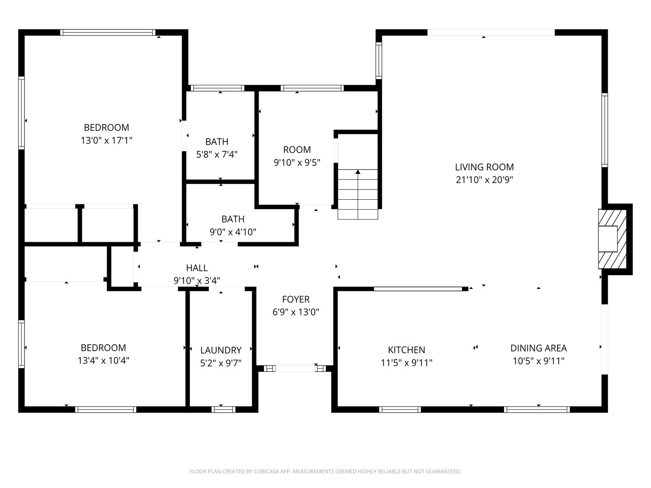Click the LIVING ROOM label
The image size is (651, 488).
pos(484,167)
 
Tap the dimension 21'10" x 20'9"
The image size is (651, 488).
pos(484,180)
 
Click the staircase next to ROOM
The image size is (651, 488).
pos(358,194)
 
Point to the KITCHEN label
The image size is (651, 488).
pos(406,350)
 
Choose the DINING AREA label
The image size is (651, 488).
pos(538,348)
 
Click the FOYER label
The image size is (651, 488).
pos(296,299)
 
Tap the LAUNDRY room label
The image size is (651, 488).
pos(221,350)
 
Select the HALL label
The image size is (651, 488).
pos(197,268)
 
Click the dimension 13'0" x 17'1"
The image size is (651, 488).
pos(106,141)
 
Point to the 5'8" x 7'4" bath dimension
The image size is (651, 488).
pos(217,155)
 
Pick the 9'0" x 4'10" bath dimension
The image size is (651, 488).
pos(233,232)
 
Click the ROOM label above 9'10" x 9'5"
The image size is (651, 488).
pos(297,150)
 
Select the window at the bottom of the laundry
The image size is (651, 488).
pos(223,409)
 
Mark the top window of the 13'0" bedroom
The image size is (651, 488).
pos(108,33)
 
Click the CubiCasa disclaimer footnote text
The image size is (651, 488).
pos(325,471)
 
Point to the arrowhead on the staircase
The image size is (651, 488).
pos(358,172)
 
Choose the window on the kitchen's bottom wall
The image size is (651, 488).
pos(400,409)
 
